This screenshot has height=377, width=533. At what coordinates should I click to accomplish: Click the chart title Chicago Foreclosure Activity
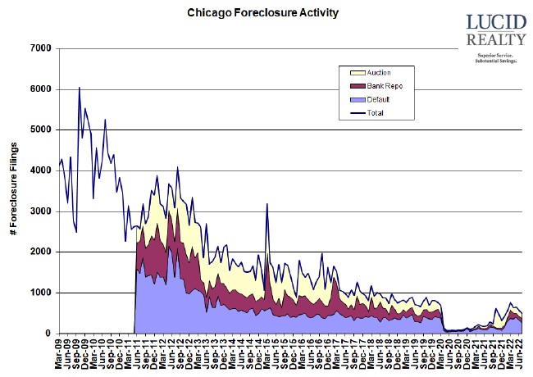tap(251, 14)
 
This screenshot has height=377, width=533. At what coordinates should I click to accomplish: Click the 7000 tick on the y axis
tap(40, 48)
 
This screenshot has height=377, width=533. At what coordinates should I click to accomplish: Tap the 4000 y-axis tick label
tap(40, 170)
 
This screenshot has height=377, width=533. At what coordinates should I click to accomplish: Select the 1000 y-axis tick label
tap(40, 293)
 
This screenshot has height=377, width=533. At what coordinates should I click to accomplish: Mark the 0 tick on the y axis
tap(48, 334)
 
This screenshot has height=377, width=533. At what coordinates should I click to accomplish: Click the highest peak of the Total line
tap(79, 87)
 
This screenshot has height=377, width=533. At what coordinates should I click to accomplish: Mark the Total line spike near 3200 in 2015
tap(267, 203)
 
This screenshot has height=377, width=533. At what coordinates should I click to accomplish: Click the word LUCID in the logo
tap(494, 23)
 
